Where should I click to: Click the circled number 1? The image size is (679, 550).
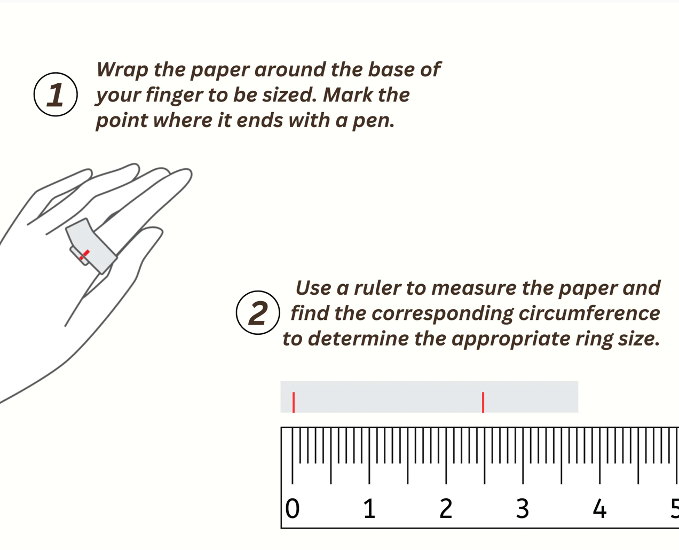coord(56,95)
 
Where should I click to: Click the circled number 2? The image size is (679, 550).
coord(258,313)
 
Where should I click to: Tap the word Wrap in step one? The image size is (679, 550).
coord(122,69)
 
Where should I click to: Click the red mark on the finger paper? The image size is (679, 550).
coord(84,255)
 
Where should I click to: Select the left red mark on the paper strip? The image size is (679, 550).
coord(294,402)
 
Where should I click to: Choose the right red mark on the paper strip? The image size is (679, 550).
coord(483,402)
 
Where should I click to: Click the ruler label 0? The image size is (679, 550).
coord(293,509)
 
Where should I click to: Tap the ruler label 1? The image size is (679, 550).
coord(369,509)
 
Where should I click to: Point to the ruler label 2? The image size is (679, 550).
coord(446,509)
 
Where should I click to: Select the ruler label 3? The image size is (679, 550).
coord(523,509)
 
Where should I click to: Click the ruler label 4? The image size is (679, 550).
coord(599,509)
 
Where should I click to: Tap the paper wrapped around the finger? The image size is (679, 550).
coord(91,243)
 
